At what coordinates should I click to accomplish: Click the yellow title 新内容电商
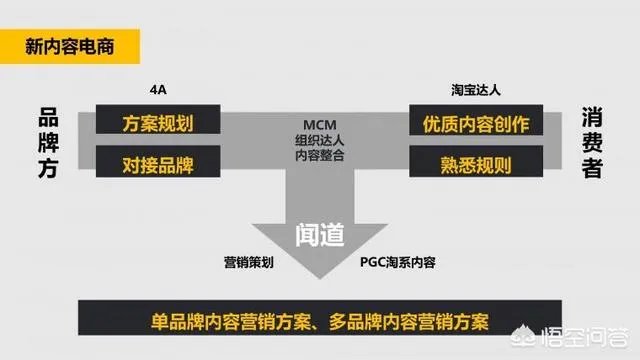point(70,45)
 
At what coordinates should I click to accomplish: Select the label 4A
point(156,91)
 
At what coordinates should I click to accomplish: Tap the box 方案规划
point(158,123)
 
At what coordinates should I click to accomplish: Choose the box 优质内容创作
point(470,123)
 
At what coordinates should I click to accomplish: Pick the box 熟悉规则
point(470,162)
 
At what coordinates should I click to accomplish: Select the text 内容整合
point(319,155)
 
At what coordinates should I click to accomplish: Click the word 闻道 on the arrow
point(320,234)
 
